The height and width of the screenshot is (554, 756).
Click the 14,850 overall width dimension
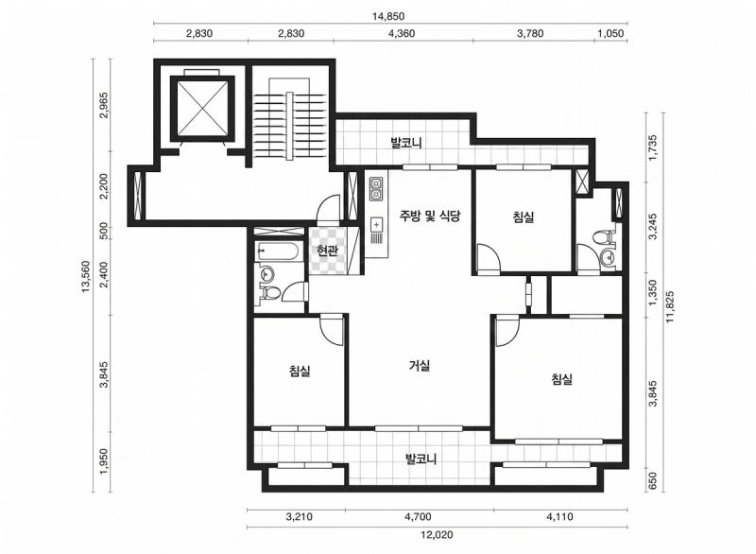pos(388,16)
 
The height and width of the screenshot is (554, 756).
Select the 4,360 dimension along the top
pos(402,33)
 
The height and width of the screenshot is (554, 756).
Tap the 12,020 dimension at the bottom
pos(437,535)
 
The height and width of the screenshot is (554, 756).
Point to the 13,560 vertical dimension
pos(86,276)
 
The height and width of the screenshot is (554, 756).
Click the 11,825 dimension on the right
pos(670,306)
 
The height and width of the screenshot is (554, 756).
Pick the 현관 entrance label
pos(327,251)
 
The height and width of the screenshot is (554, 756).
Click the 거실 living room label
pos(420,366)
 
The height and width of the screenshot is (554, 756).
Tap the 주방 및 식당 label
pos(430,216)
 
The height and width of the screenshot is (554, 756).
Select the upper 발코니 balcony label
pos(406,143)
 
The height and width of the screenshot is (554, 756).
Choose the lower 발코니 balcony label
pos(421,459)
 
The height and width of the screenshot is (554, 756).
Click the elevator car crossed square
pos(202,109)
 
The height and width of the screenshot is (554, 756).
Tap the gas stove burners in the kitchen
pos(376,189)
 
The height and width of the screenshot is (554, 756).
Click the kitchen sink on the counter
pos(376,225)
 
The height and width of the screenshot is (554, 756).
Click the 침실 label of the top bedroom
pos(524,217)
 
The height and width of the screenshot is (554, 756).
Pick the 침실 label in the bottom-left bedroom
pos(300,371)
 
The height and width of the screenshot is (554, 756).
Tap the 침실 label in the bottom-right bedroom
pos(561,379)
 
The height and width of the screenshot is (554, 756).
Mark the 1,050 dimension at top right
pos(610,33)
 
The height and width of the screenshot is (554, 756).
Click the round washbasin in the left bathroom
pos(266,275)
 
